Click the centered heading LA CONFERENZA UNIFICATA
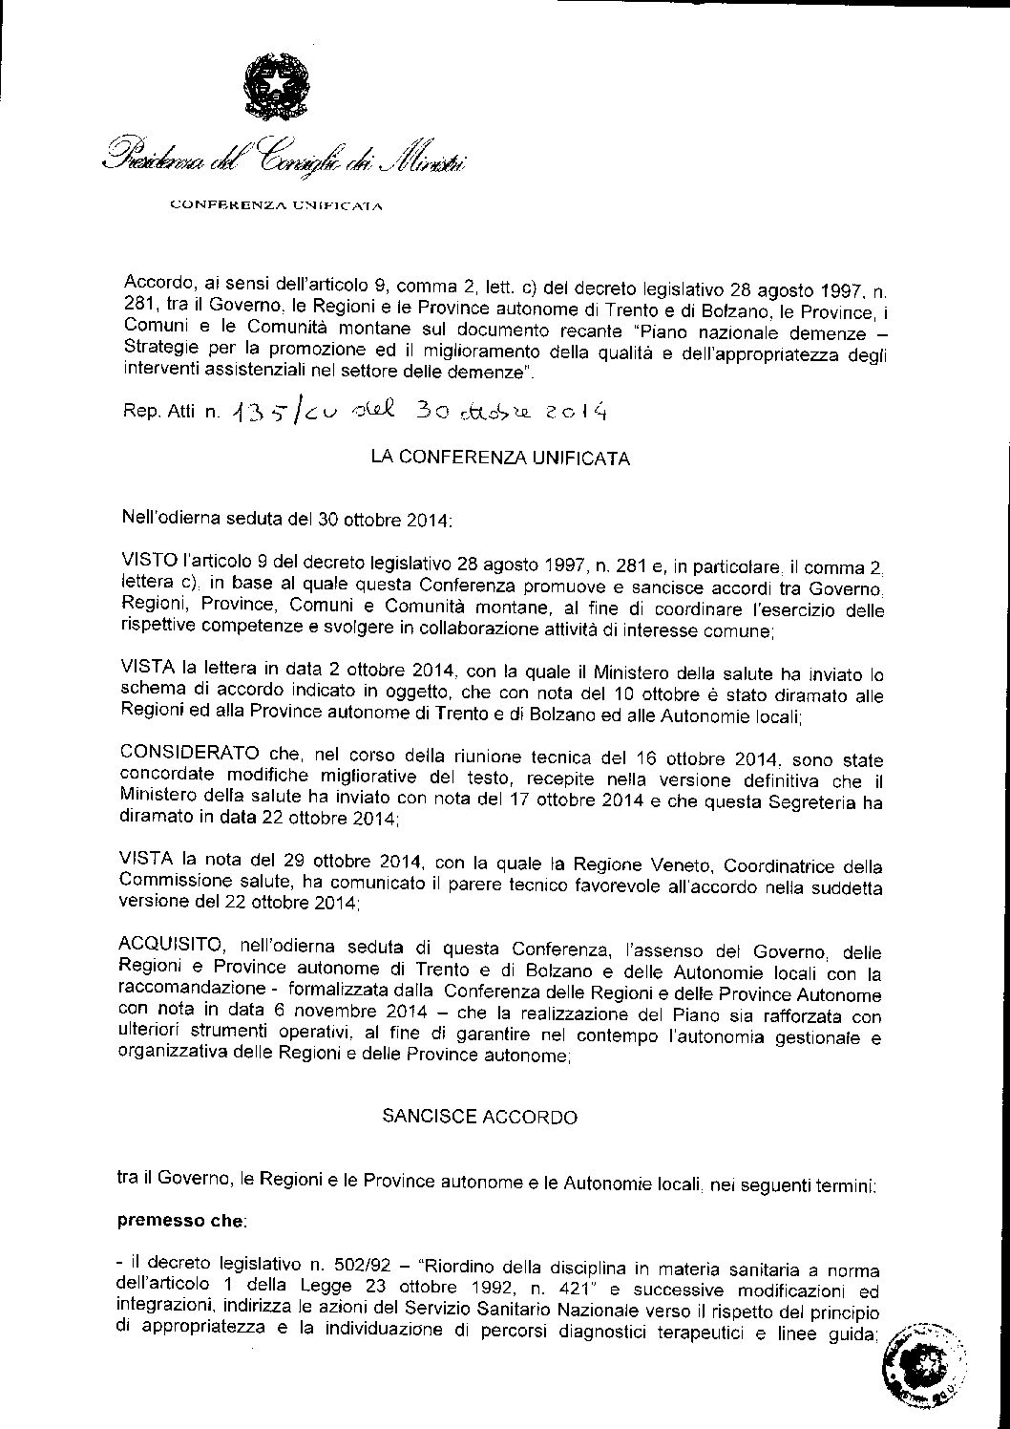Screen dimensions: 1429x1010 coord(500,458)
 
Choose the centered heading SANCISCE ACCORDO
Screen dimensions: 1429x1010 coord(479,1117)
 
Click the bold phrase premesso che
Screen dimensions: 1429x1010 coord(180,1221)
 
